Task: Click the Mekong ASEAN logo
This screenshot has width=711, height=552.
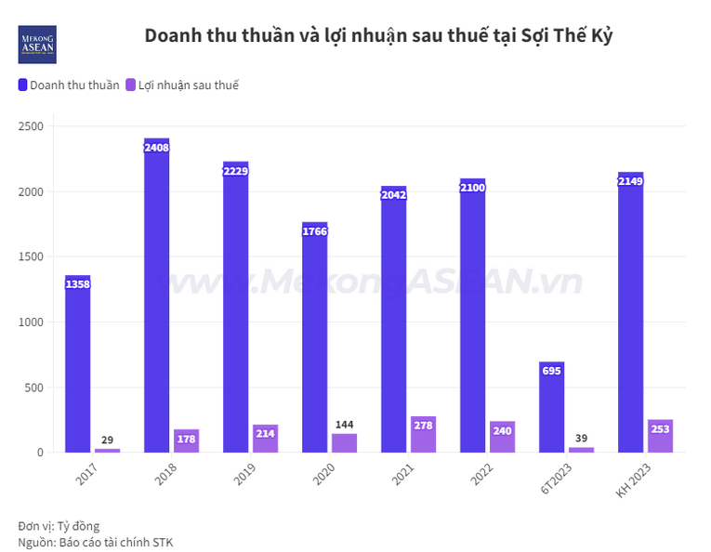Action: (x=37, y=45)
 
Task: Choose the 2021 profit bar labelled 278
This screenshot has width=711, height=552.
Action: (x=423, y=434)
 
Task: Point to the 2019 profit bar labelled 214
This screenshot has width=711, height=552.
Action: (x=265, y=439)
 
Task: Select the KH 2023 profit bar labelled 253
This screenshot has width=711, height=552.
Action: (x=660, y=436)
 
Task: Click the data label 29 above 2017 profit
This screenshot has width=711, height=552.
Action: (x=108, y=440)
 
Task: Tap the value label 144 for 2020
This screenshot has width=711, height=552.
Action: (x=344, y=425)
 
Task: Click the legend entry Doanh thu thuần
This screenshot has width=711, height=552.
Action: (x=69, y=85)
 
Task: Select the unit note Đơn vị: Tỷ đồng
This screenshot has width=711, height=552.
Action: (x=59, y=526)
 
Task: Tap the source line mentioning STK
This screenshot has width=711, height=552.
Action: (x=96, y=542)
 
